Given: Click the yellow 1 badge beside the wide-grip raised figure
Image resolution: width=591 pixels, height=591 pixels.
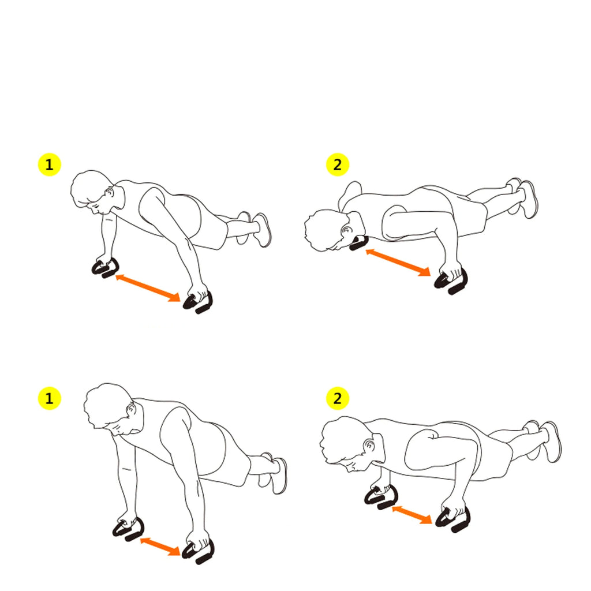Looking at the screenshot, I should click(49, 165).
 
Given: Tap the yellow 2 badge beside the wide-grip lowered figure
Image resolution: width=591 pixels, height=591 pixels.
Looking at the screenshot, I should click(338, 165).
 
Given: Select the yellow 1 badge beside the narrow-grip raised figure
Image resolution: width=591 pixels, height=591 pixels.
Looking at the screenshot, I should click(49, 399).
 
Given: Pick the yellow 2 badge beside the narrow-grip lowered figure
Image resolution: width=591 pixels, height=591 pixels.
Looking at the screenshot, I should click(338, 399).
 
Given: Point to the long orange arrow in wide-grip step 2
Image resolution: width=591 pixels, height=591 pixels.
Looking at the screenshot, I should click(398, 261).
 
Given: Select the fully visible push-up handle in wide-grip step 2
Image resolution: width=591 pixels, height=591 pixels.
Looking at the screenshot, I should click(453, 283).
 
